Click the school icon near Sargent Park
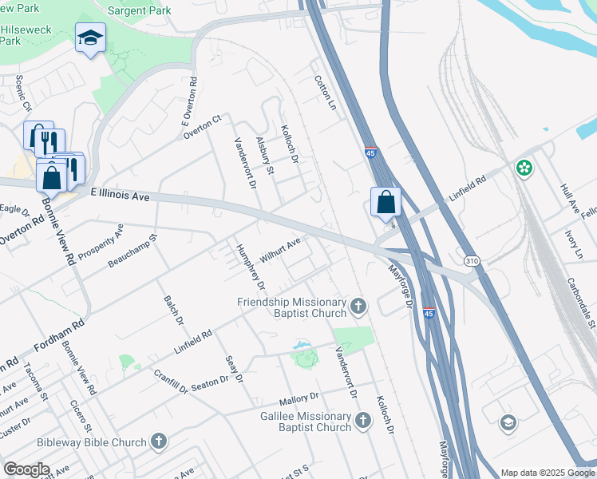(x=90, y=37)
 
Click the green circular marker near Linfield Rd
(x=524, y=168)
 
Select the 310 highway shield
(x=472, y=260)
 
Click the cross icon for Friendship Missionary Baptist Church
(x=358, y=304)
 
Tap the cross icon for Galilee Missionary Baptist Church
(x=363, y=420)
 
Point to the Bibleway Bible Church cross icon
(x=159, y=441)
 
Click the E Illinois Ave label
(x=121, y=194)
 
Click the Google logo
(x=26, y=469)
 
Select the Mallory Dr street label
(x=298, y=397)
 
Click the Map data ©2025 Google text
(x=547, y=473)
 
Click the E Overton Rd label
(x=190, y=102)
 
